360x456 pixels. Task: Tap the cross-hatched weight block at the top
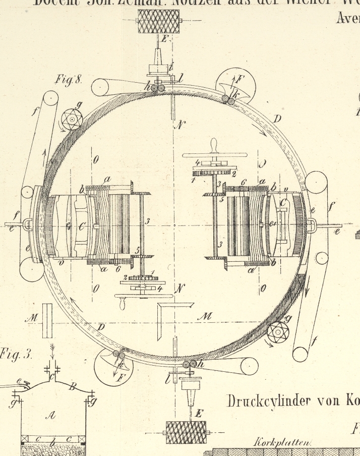pos(159,21)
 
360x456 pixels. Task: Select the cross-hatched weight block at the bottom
pos(186,432)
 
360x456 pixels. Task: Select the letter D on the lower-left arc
pos(101,327)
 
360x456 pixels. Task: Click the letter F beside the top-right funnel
pos(239,79)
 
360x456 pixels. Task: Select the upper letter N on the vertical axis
pos(178,124)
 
